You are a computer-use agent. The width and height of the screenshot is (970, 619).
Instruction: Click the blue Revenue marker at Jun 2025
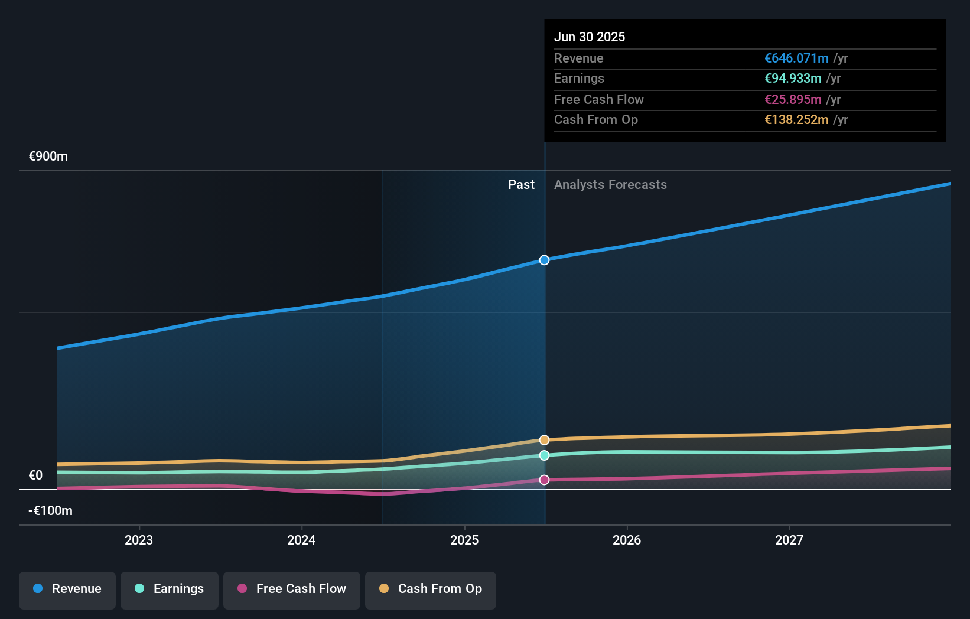click(x=544, y=260)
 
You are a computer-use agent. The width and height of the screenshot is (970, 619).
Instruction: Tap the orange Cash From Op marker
click(x=544, y=440)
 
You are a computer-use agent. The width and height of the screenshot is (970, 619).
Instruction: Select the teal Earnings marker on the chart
click(x=544, y=455)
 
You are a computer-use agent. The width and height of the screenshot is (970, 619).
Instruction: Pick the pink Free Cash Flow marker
click(x=544, y=480)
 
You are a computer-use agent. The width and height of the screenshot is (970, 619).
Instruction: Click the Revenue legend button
click(x=67, y=589)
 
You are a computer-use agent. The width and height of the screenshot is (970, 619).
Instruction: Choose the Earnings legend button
click(x=170, y=589)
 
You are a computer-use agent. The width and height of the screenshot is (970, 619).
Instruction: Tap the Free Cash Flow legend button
click(x=292, y=589)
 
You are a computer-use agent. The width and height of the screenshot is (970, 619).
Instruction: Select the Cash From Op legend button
click(x=431, y=589)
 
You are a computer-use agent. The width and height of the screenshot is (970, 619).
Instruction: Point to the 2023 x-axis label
click(x=139, y=540)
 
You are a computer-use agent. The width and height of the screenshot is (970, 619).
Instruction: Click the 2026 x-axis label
click(x=627, y=540)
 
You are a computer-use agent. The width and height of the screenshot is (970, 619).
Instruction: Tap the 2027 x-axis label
click(x=789, y=540)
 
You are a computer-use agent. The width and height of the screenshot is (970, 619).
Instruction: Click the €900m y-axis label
click(x=48, y=157)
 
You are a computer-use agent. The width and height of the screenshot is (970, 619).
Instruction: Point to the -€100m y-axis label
click(x=51, y=510)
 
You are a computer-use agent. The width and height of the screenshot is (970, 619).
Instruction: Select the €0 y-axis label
click(x=36, y=475)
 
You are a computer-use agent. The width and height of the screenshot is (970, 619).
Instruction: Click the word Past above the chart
click(x=521, y=185)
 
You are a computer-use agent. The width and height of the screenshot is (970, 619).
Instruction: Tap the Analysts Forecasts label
click(x=610, y=185)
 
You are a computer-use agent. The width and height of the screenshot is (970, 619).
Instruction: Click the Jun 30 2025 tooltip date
click(x=590, y=37)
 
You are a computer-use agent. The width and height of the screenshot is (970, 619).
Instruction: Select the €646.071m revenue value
click(x=796, y=58)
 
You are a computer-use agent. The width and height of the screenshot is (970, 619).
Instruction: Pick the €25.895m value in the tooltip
click(x=793, y=99)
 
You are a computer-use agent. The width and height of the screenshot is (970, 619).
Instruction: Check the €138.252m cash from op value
click(x=796, y=120)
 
